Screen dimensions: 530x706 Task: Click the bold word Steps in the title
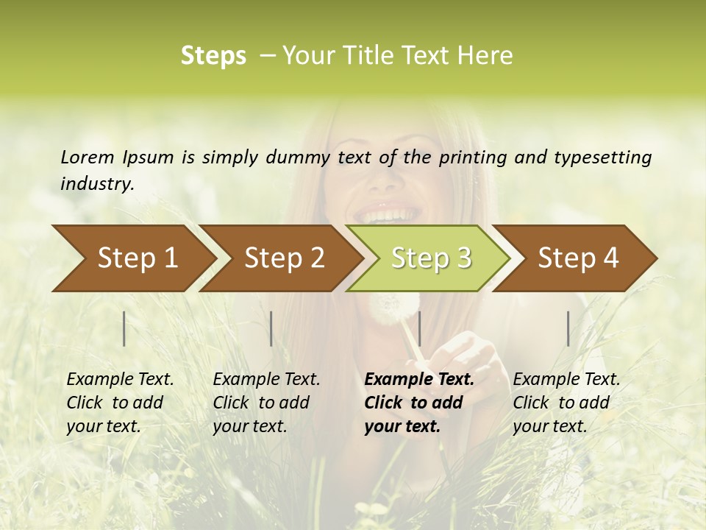pos(213,56)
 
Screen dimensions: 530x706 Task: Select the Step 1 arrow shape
pos(132,258)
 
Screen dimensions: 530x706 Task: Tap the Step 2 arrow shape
pos(283,258)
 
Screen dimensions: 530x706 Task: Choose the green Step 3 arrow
pos(430,258)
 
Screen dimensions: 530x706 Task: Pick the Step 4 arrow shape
pos(577,258)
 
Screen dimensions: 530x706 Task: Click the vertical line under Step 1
pos(124,328)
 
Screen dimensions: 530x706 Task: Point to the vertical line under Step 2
pos(271,328)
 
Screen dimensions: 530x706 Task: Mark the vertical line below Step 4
pos(568,328)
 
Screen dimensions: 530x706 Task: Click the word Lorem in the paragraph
pos(88,157)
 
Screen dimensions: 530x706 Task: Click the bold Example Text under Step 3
pos(419,379)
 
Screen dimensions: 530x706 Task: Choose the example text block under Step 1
pos(120,403)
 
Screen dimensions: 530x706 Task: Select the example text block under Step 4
pos(566,403)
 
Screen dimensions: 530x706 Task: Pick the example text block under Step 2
pos(266,403)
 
